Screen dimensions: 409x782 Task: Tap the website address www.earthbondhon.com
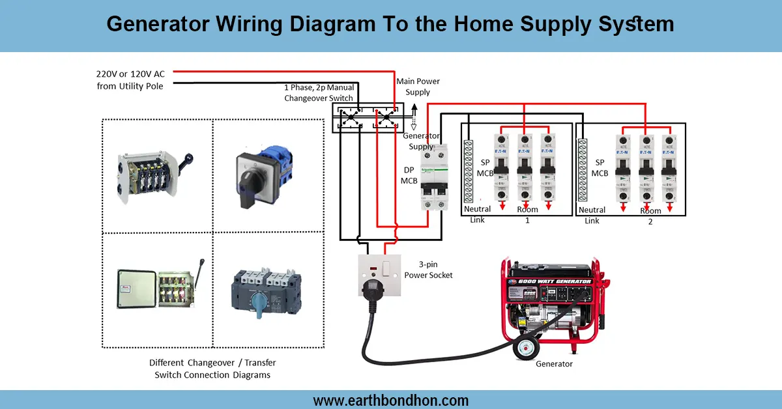pyautogui.click(x=391, y=400)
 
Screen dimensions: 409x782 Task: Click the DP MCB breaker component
pyautogui.click(x=434, y=177)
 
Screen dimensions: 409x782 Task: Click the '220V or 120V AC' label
pyautogui.click(x=131, y=74)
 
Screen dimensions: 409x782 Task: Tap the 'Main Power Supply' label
pyautogui.click(x=418, y=87)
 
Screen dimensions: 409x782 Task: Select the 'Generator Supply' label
pyautogui.click(x=421, y=141)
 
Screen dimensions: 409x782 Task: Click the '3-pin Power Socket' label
pyautogui.click(x=428, y=270)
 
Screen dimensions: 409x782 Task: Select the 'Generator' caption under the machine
pyautogui.click(x=554, y=364)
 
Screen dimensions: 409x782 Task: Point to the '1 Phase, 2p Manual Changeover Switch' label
pyautogui.click(x=319, y=92)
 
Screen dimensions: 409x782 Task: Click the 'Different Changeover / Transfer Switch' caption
pyautogui.click(x=212, y=368)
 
